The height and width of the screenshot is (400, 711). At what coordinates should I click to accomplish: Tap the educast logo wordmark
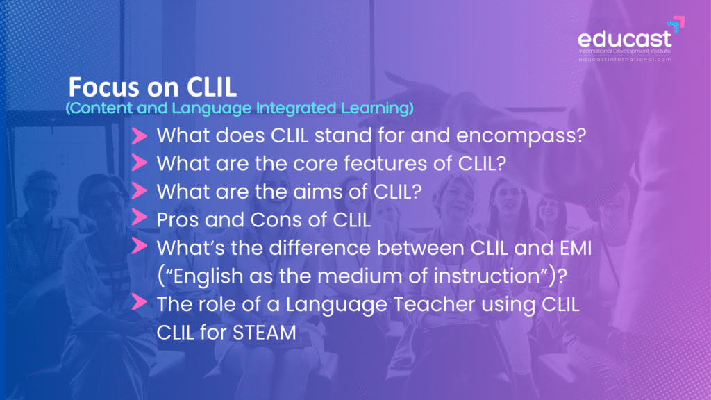[x=624, y=39]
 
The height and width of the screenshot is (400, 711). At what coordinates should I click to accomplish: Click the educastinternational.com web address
[x=625, y=60]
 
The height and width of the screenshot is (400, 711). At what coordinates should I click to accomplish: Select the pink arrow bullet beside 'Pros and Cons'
[x=139, y=218]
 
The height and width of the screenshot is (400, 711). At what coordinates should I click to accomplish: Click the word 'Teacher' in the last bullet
[x=434, y=304]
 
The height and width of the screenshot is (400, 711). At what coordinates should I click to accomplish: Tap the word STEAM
[x=264, y=333]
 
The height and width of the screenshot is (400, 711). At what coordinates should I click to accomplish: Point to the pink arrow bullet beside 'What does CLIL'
[x=139, y=135]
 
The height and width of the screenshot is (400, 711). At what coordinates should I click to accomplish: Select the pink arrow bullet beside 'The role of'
[x=139, y=303]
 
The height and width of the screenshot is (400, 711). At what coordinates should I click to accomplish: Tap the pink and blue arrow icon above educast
[x=676, y=24]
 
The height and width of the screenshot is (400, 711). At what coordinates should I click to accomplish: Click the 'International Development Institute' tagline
[x=625, y=51]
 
